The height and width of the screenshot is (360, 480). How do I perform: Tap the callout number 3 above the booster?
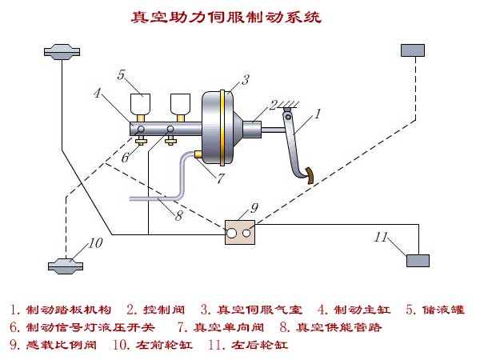point(246,78)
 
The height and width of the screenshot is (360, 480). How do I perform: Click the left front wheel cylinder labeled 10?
point(62,264)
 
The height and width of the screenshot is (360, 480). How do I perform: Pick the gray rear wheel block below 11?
point(418,259)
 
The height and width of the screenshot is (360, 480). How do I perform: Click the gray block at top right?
point(412,50)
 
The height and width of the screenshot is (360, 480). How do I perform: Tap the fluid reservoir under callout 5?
point(142,104)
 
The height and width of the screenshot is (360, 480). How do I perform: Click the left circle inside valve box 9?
point(233,234)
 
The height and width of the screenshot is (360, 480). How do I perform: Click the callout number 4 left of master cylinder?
point(98,93)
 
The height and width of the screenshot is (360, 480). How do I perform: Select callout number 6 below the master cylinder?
point(125,158)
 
